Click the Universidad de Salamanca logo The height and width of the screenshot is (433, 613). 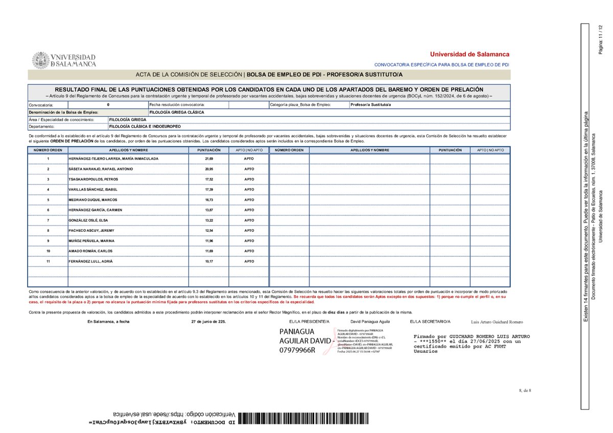pyautogui.click(x=64, y=60)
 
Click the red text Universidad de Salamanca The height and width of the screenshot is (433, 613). pyautogui.click(x=469, y=54)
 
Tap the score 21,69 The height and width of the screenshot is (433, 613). pyautogui.click(x=209, y=159)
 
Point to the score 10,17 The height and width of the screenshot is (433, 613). pyautogui.click(x=209, y=261)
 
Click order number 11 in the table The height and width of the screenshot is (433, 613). pyautogui.click(x=48, y=261)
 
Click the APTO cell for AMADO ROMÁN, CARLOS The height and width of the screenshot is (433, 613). pyautogui.click(x=249, y=251)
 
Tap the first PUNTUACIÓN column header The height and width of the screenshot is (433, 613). pyautogui.click(x=209, y=150)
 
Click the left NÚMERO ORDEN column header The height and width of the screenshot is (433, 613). pyautogui.click(x=48, y=150)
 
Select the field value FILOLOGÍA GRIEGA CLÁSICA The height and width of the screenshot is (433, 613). pyautogui.click(x=177, y=111)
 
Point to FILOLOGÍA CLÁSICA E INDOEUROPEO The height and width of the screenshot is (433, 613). pyautogui.click(x=145, y=126)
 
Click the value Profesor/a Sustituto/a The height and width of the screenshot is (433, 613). pyautogui.click(x=370, y=104)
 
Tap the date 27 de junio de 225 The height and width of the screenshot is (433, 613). pyautogui.click(x=208, y=322)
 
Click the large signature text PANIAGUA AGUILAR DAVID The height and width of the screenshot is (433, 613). pyautogui.click(x=304, y=341)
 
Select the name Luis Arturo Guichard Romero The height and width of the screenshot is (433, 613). pyautogui.click(x=497, y=322)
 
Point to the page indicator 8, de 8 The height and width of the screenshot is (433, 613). pyautogui.click(x=525, y=391)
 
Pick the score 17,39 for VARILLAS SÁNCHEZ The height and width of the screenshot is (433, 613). pyautogui.click(x=209, y=189)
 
